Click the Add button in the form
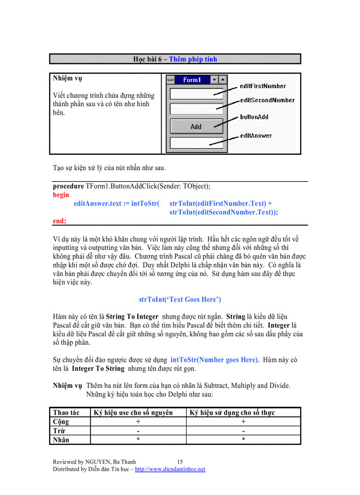196,127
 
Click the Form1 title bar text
192,80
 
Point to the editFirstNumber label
262,86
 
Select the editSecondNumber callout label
267,100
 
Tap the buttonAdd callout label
254,117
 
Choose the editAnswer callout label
255,136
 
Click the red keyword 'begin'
61,194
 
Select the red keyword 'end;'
60,221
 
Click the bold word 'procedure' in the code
68,186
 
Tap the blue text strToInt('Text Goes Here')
180,299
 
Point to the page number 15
180,462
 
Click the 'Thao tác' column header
66,413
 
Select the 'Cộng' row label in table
61,421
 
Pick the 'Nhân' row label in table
61,439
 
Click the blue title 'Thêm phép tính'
193,59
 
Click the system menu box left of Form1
170,80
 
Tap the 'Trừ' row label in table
59,431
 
